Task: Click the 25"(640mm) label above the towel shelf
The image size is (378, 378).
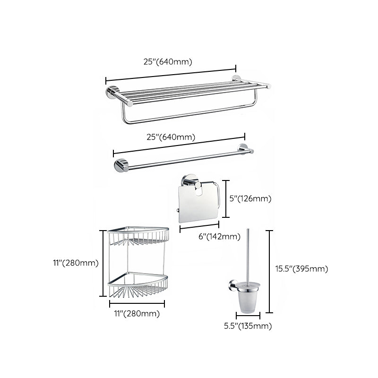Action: (168, 61)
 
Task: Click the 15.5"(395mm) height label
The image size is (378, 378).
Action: (301, 269)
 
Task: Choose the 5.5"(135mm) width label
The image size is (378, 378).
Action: (248, 326)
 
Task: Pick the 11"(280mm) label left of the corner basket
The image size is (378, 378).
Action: (76, 263)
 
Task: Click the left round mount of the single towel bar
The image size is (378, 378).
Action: (120, 166)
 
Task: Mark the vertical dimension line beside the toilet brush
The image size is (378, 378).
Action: (269, 271)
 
